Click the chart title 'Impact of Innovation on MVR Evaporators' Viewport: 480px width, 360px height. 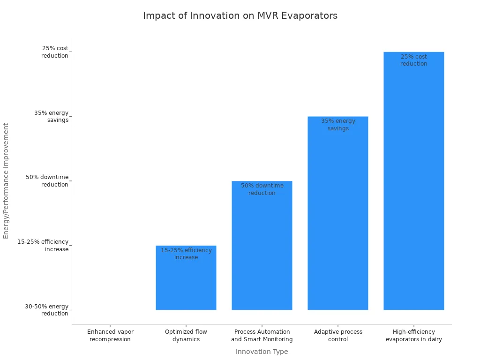coord(240,15)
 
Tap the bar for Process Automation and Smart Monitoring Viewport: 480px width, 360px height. coord(262,253)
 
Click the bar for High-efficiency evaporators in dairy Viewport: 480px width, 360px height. coord(414,187)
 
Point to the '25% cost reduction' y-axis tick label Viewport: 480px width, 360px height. coord(55,52)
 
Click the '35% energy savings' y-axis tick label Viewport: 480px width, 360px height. coord(51,116)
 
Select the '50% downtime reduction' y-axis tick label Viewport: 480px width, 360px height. coord(47,181)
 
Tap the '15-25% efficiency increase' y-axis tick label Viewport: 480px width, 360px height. coord(43,246)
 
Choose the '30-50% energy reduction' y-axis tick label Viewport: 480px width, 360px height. coord(46,310)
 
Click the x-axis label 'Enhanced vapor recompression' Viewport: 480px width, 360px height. coord(110,336)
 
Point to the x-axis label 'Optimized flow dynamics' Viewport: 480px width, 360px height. coord(186,336)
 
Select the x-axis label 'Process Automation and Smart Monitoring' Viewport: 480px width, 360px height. coord(262,336)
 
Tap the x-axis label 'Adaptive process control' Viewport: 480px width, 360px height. coord(338,336)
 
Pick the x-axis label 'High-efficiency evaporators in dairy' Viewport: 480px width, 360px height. coord(414,336)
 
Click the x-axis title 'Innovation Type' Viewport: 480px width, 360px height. coord(262,352)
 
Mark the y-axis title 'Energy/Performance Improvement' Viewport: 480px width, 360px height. coord(6,180)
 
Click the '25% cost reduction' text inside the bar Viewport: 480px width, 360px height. coord(414,60)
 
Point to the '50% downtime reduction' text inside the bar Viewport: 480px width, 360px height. coord(262,189)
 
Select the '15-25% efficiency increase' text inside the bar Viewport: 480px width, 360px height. coord(186,254)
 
